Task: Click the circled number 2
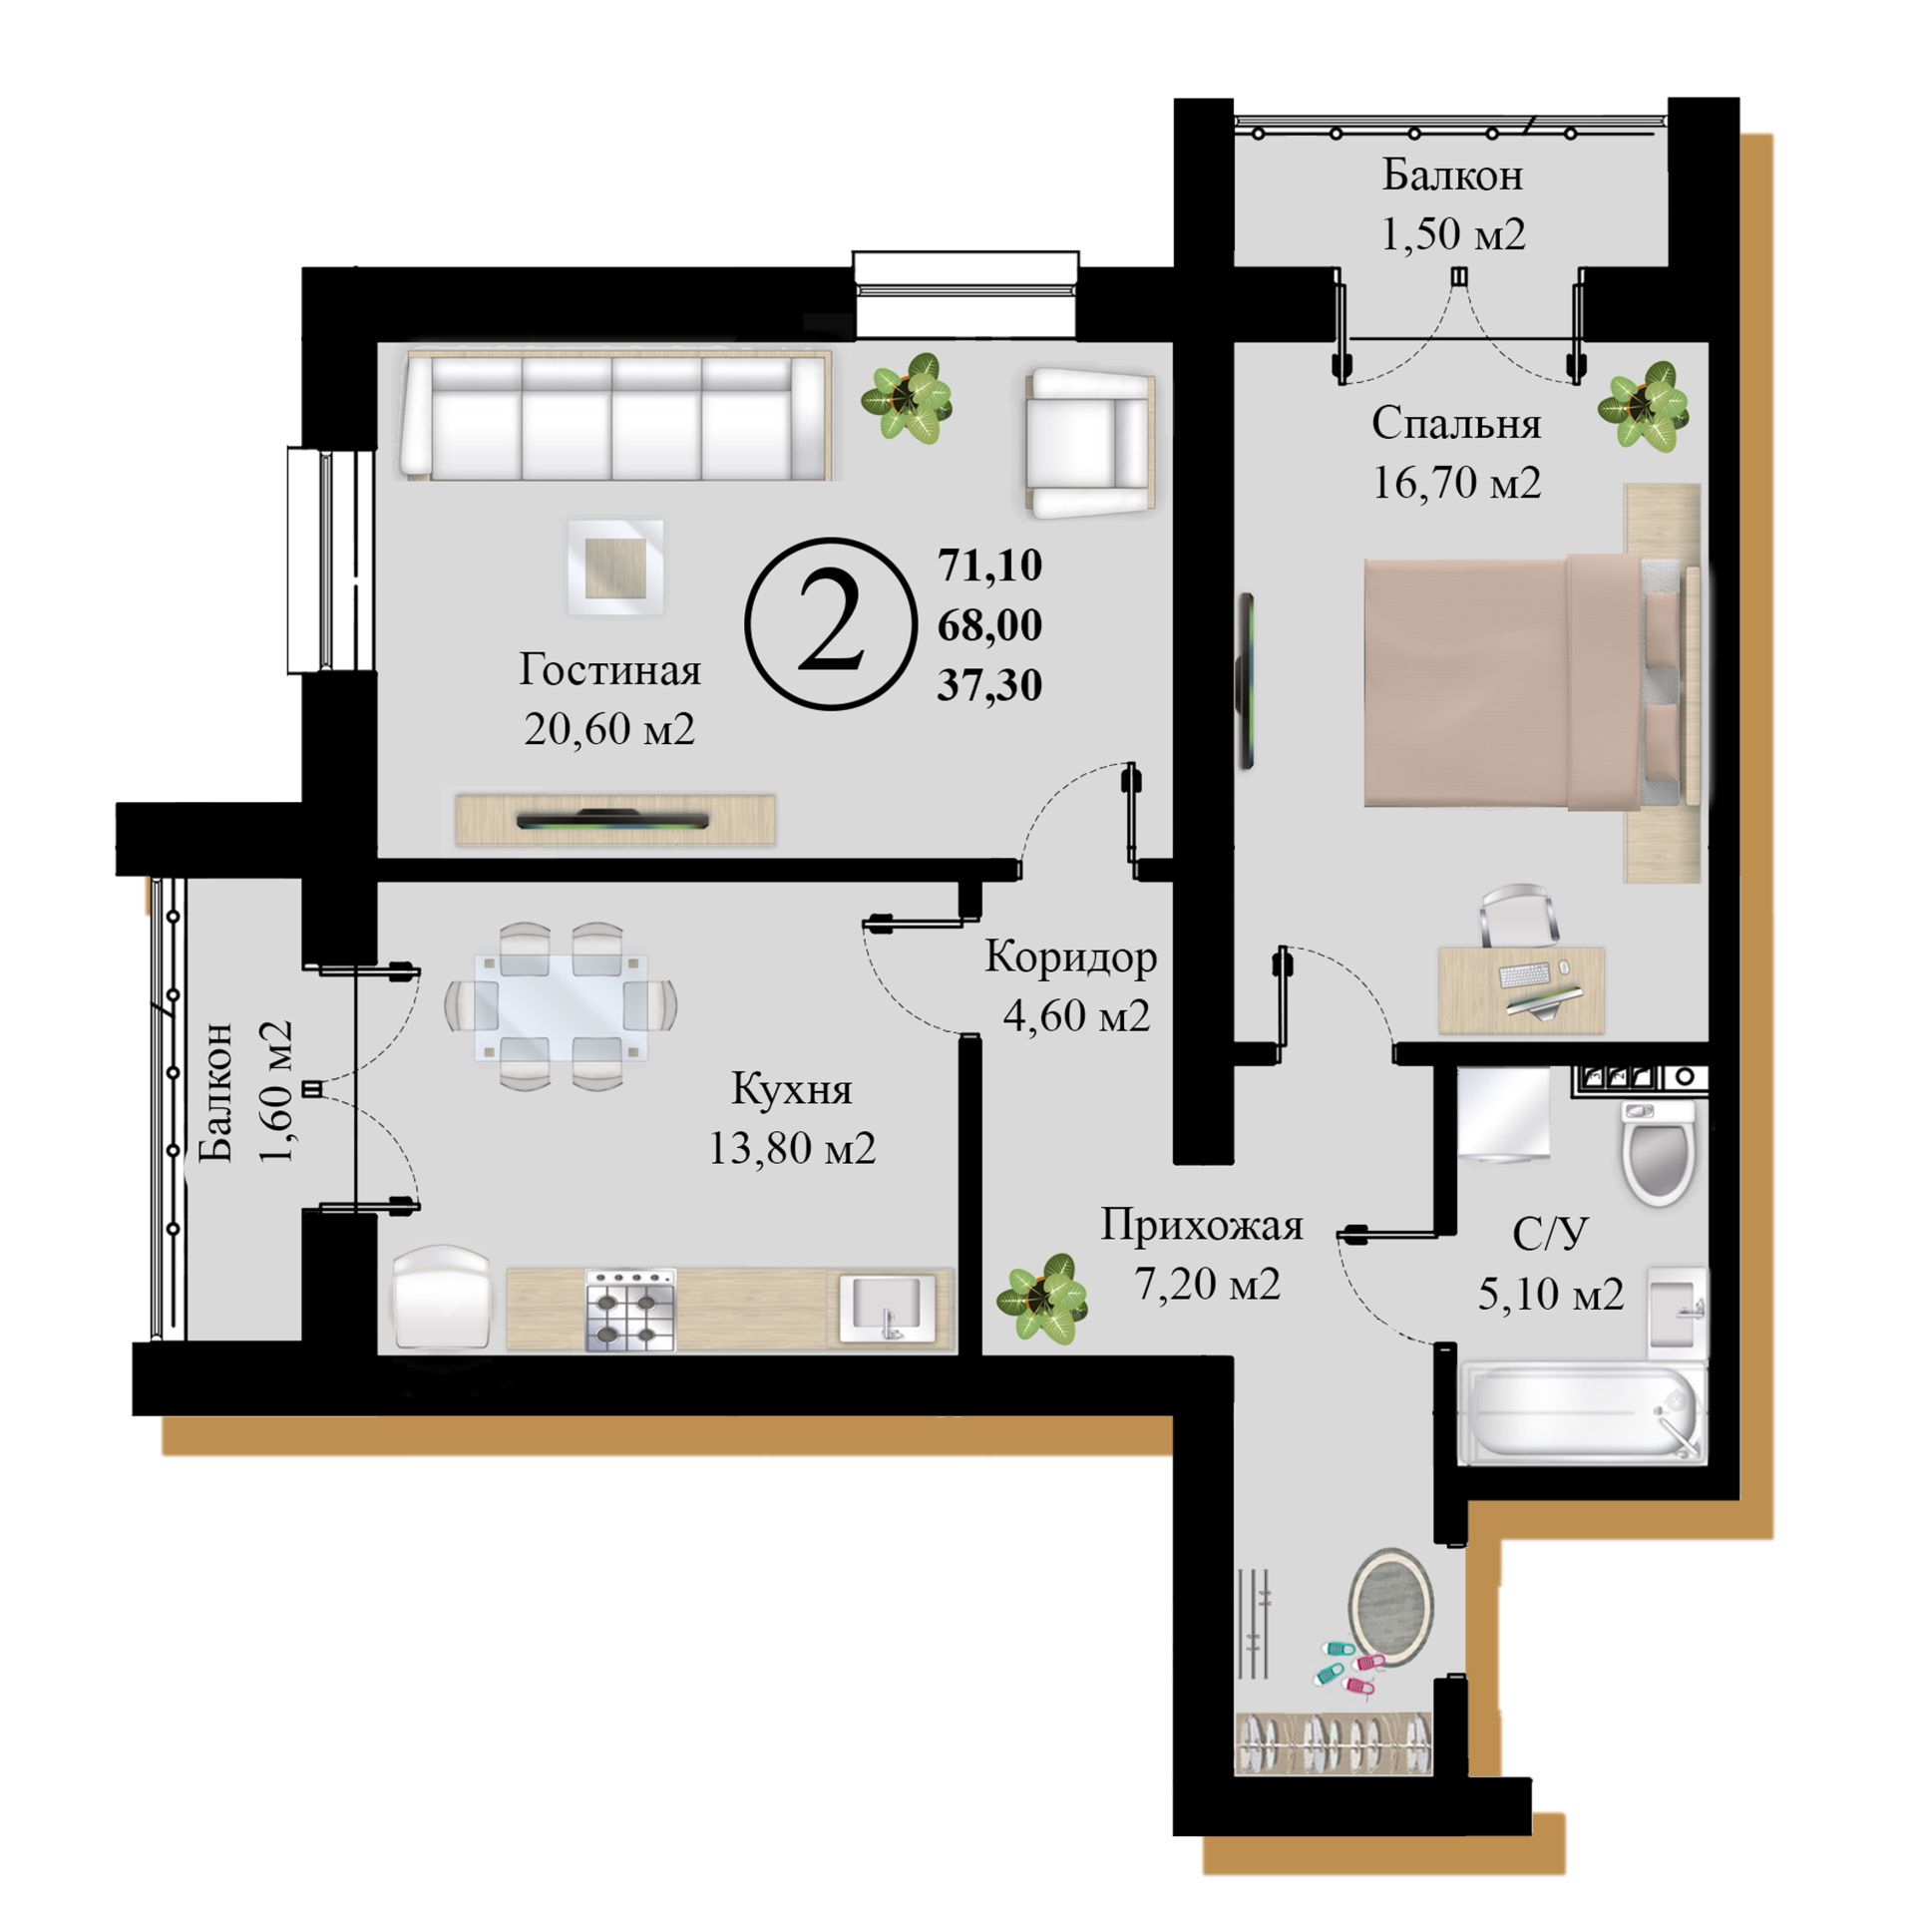(830, 623)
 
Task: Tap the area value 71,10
(989, 566)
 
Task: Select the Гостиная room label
(609, 669)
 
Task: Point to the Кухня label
(792, 1088)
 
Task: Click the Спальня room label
(1456, 424)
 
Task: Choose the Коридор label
(1071, 957)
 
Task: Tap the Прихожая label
(1202, 1225)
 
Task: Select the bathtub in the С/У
(1582, 1414)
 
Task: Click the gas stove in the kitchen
(630, 1311)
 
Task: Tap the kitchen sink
(888, 1309)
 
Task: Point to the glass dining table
(561, 1004)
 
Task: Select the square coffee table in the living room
(615, 567)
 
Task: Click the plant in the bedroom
(1644, 407)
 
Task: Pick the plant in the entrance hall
(1042, 1296)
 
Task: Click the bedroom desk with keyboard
(1521, 989)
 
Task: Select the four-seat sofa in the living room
(615, 417)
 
